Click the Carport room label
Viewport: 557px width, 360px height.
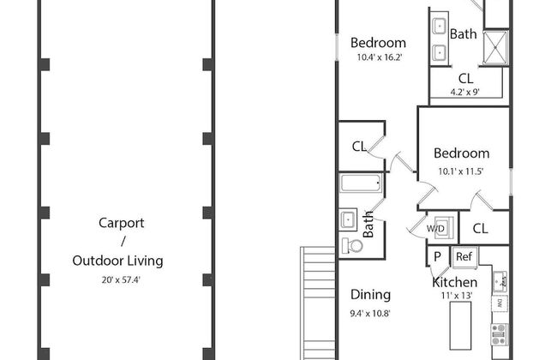[121, 223]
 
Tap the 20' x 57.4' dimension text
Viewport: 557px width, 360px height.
[121, 280]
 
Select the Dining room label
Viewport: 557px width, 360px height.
[370, 295]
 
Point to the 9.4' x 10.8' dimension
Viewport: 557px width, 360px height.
[370, 314]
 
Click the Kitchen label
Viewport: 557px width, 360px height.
[455, 283]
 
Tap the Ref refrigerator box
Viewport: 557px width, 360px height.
[464, 257]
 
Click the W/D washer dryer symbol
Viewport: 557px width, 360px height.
[439, 228]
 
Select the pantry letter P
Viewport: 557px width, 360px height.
[437, 256]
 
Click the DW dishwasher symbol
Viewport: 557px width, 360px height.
[499, 303]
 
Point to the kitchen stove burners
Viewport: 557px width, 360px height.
[499, 335]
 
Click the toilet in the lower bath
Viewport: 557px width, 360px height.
[351, 246]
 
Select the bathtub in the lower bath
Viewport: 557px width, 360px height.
[362, 183]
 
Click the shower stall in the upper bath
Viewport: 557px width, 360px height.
[495, 48]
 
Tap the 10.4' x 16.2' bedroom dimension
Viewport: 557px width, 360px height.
[379, 57]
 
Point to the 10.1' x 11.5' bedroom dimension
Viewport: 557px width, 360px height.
[461, 171]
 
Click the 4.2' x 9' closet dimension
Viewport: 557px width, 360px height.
[465, 93]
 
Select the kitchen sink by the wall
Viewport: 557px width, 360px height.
[500, 281]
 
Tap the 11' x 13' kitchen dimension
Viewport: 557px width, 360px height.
[457, 296]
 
